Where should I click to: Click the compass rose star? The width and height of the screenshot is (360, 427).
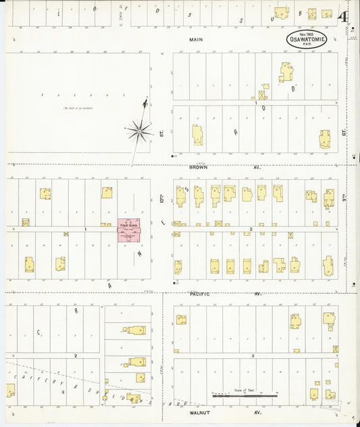pos(138,130)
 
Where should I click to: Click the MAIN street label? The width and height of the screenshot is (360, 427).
pos(196,40)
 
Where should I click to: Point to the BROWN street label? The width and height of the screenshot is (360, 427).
pos(198,166)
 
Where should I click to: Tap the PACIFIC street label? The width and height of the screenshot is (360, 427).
pos(200,294)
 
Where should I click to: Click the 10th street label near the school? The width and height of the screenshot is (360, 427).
pos(162,200)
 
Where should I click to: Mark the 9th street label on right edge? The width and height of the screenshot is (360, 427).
pos(344,201)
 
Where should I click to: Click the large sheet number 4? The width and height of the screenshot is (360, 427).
pos(345,16)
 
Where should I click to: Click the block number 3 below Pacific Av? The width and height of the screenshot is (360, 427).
pos(252,355)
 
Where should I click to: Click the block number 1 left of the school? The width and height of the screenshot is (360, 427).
pos(86,230)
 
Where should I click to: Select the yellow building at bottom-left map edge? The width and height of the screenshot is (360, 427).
pos(10,390)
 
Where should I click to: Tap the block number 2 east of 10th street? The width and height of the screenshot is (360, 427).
pos(251,230)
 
